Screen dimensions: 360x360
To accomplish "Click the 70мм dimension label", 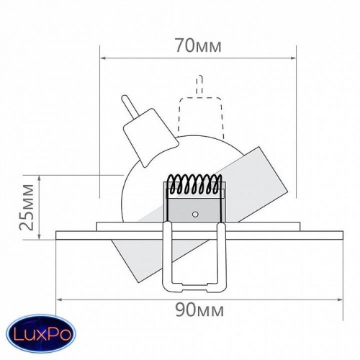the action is (x=198, y=45).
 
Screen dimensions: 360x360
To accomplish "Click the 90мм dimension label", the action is (x=199, y=310).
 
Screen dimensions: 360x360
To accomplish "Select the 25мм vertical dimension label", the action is (x=27, y=207).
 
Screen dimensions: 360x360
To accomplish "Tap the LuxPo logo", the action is (x=41, y=333).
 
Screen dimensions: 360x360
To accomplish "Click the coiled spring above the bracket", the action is (x=195, y=184).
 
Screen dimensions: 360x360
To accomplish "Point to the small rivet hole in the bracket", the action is (x=195, y=215).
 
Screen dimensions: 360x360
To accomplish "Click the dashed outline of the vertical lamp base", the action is (x=199, y=117).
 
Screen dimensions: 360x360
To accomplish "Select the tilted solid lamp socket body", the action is (x=150, y=138).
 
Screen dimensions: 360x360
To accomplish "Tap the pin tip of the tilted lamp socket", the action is (x=125, y=98).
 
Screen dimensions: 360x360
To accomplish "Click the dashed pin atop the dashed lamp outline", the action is (x=199, y=86).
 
